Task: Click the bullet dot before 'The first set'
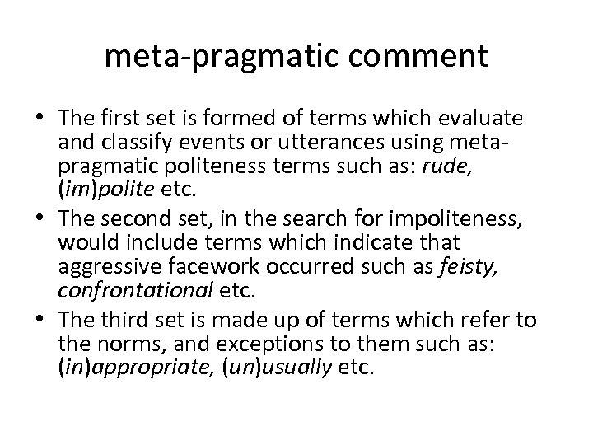point(30,120)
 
